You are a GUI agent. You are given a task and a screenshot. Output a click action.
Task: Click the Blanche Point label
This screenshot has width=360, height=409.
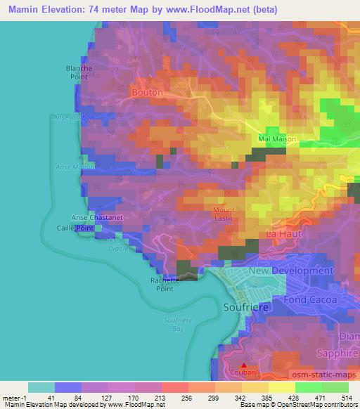pos(79,72)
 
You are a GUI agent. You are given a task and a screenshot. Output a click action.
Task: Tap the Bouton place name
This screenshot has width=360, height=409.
pos(147,92)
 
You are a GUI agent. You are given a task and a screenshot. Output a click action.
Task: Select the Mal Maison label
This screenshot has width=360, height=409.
pos(276,139)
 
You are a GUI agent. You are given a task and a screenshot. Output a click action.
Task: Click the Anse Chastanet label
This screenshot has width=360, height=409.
pos(97,218)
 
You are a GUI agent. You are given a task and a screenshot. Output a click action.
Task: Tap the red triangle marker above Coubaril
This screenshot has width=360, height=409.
pos(244,365)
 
